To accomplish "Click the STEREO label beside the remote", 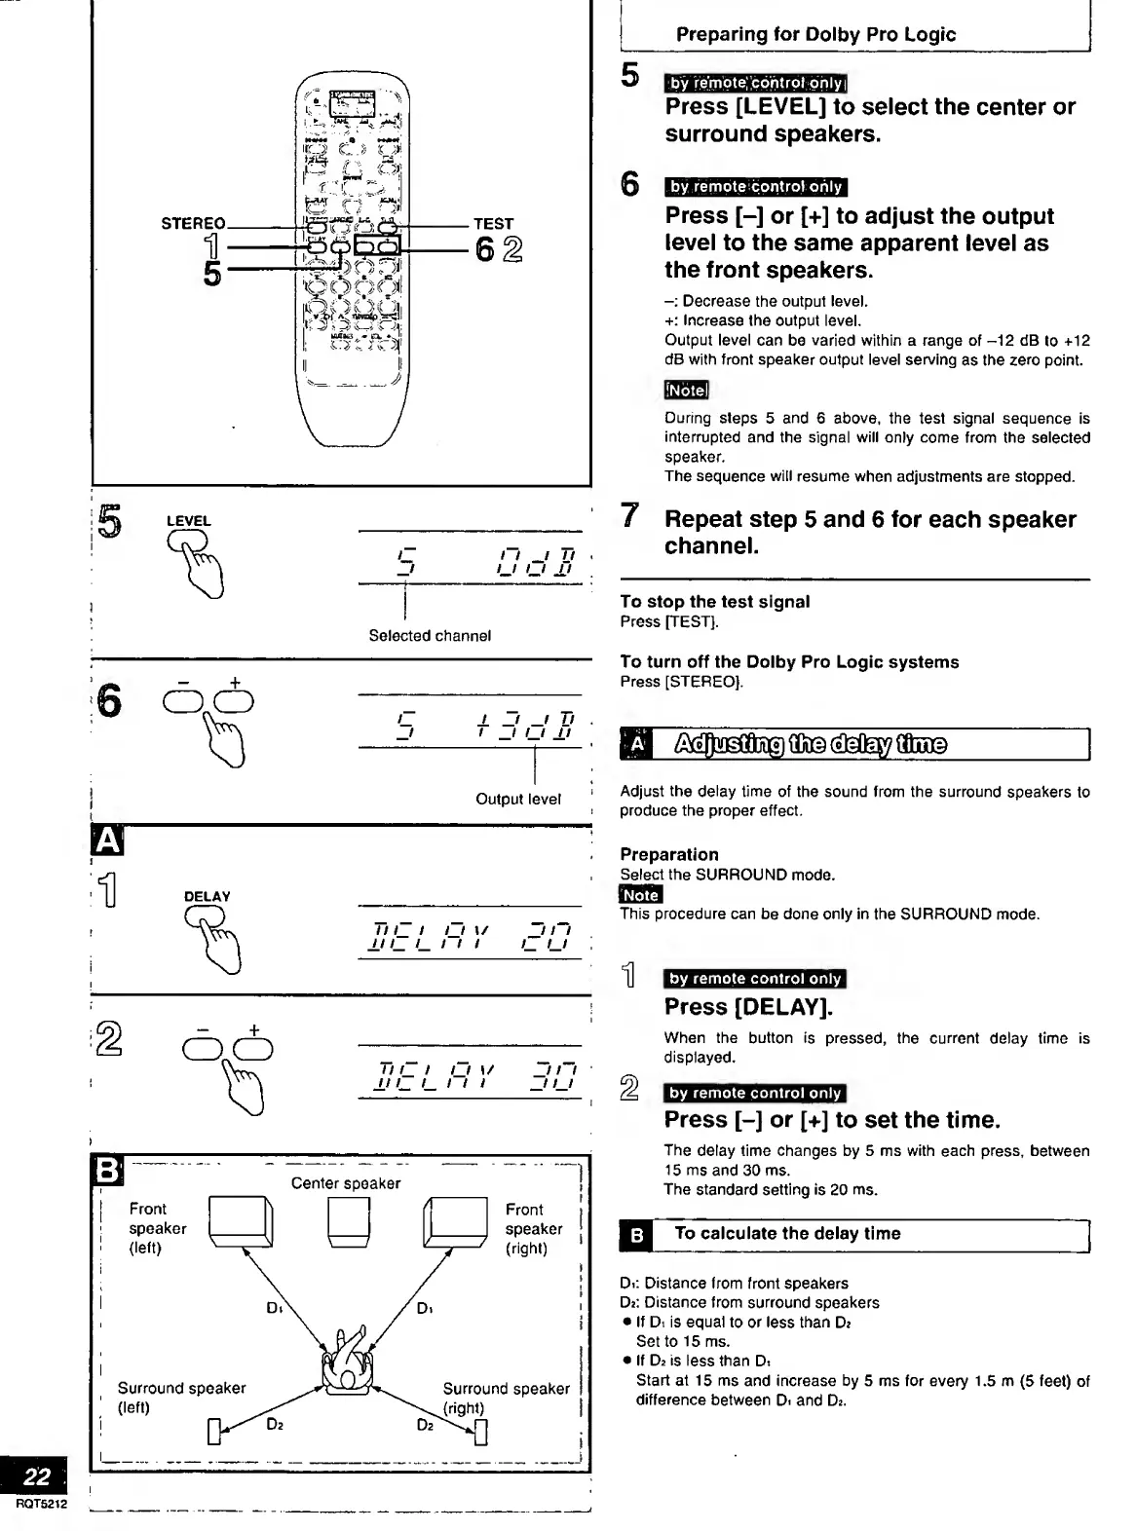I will pyautogui.click(x=193, y=223).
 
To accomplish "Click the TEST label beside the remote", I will pyautogui.click(x=493, y=223).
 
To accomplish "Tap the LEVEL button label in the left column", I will pyautogui.click(x=188, y=521).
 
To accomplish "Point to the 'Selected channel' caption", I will pyautogui.click(x=430, y=636).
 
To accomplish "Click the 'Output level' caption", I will pyautogui.click(x=518, y=799).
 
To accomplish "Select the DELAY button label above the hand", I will pyautogui.click(x=207, y=896).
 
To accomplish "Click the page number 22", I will pyautogui.click(x=37, y=1476).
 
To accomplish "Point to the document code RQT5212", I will pyautogui.click(x=42, y=1504).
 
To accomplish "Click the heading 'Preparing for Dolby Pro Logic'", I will pyautogui.click(x=815, y=34).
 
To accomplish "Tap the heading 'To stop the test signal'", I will pyautogui.click(x=714, y=602).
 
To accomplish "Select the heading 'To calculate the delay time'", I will pyautogui.click(x=787, y=1234).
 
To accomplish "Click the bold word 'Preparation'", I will pyautogui.click(x=669, y=854).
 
